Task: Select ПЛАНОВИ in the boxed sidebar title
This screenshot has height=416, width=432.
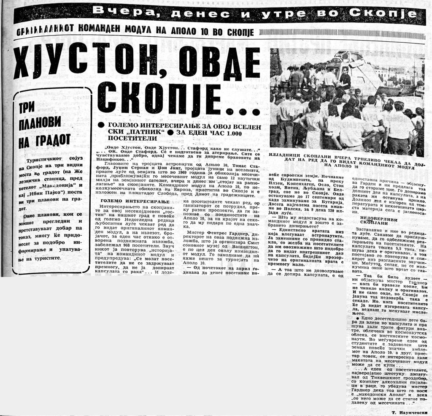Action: pyautogui.click(x=40, y=124)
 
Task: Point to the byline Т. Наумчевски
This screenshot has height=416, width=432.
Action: pyautogui.click(x=406, y=411)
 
